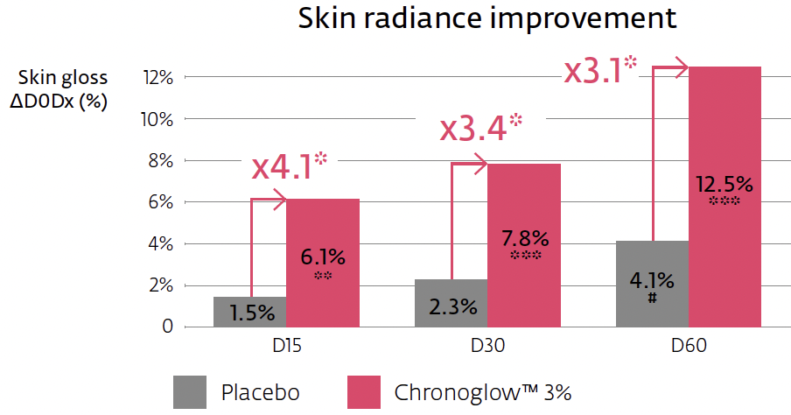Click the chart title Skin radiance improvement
click(487, 20)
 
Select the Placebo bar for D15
click(249, 312)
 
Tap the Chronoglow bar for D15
click(322, 263)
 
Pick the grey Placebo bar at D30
click(451, 303)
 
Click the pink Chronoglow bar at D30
click(523, 245)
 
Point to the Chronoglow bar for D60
click(724, 196)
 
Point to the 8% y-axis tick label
click(157, 160)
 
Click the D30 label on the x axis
click(486, 348)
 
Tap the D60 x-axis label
click(688, 348)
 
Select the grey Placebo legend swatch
click(190, 390)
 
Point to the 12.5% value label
click(724, 184)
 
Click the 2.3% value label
click(451, 307)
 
